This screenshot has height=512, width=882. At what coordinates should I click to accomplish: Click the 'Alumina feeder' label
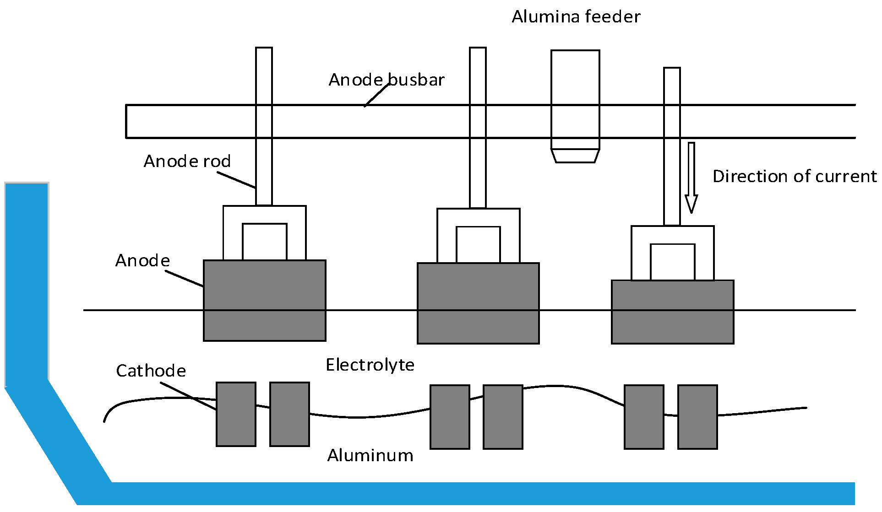tap(576, 17)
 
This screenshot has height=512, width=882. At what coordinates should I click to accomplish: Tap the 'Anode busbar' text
tap(386, 80)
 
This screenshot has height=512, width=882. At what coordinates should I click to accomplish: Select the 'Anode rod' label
tap(187, 162)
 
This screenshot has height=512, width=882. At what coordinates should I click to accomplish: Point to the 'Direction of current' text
tap(794, 177)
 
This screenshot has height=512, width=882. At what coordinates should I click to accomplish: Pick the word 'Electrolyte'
tap(370, 365)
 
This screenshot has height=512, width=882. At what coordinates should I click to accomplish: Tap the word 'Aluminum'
tap(370, 456)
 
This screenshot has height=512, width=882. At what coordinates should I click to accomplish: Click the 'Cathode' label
tap(151, 371)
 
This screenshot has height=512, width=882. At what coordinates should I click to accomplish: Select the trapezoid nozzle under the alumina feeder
tap(575, 156)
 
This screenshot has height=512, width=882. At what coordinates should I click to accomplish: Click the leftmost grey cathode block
tap(236, 414)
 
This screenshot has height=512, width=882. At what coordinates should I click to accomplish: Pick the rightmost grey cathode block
tap(697, 417)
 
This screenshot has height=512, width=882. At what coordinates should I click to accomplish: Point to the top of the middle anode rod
tap(478, 50)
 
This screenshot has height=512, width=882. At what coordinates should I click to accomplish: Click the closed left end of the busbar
tap(126, 121)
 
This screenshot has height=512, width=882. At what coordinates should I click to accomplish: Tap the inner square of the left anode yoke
tap(264, 242)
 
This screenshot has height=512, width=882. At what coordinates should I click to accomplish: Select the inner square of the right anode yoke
tap(672, 262)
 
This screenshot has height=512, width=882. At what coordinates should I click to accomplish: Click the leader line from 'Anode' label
tap(184, 279)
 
